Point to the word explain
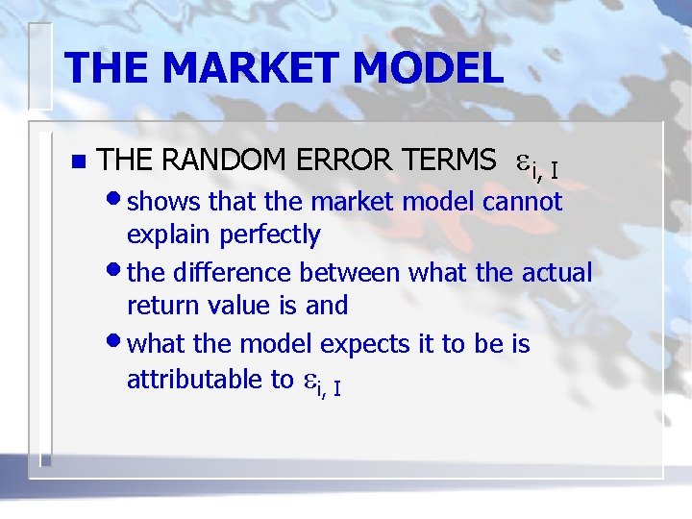[x=169, y=235]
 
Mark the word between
[x=349, y=273]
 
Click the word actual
[x=556, y=273]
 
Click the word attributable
[x=191, y=380]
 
